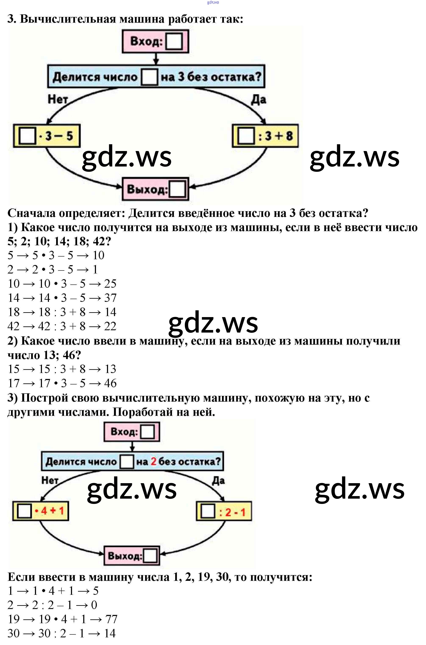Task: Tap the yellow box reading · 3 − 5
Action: (47, 136)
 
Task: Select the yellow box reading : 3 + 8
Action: (265, 136)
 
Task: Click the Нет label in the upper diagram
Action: (57, 99)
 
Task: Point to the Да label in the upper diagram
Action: (258, 100)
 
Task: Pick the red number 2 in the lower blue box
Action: (154, 461)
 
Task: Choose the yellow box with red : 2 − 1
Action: (224, 512)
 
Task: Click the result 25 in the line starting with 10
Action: (110, 284)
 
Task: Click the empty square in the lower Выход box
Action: (150, 556)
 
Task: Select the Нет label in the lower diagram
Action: (50, 480)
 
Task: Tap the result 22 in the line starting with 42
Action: (110, 326)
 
